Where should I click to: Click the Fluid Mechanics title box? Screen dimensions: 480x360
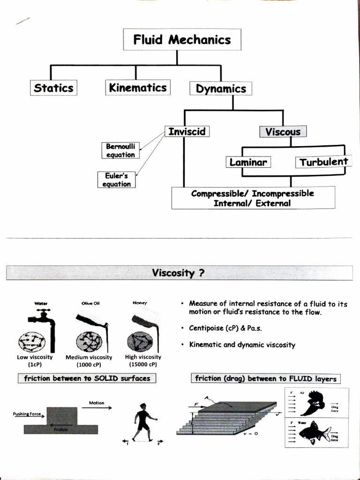pos(182,40)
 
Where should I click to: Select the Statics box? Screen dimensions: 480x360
pos(53,88)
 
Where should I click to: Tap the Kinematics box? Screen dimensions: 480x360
pos(137,88)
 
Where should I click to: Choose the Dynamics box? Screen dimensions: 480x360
pos(221,89)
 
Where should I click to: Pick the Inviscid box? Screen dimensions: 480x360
pos(187,131)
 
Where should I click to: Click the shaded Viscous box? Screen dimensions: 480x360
pos(283,132)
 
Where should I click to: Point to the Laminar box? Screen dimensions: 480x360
pos(248,162)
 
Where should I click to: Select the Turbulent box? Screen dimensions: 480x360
pos(323,162)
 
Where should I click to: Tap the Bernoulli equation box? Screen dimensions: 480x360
pos(120,151)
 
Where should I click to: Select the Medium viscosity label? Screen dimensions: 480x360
pos(91,357)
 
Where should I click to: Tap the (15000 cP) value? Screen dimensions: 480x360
pos(143,364)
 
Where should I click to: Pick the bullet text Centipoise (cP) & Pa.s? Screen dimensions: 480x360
pos(225,328)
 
